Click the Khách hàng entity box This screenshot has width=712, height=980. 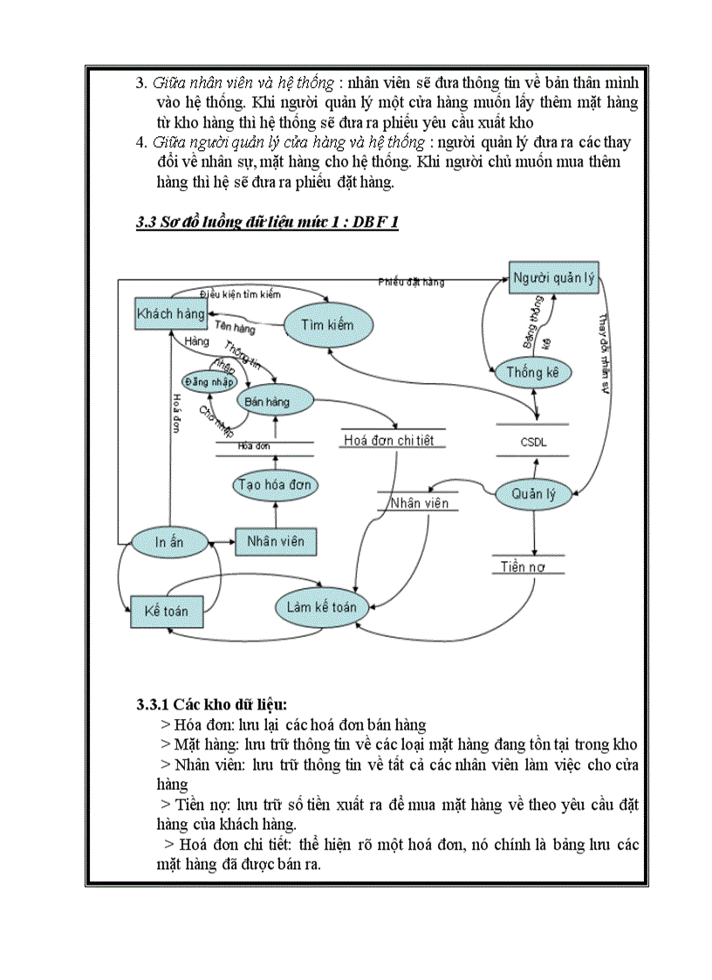point(171,313)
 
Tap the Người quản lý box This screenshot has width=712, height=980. point(553,278)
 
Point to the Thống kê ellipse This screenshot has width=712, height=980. point(538,373)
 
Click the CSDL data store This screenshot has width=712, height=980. point(532,442)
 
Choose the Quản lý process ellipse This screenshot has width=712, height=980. point(534,494)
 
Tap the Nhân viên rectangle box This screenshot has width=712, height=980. point(275,541)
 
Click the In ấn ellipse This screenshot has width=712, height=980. point(169,542)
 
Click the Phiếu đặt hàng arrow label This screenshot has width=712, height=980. point(411,282)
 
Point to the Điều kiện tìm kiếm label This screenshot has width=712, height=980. point(240,294)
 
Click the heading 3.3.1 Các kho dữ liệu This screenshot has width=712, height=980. point(212,703)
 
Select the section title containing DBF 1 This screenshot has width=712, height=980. point(267,223)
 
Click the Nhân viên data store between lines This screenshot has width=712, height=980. point(419,504)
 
